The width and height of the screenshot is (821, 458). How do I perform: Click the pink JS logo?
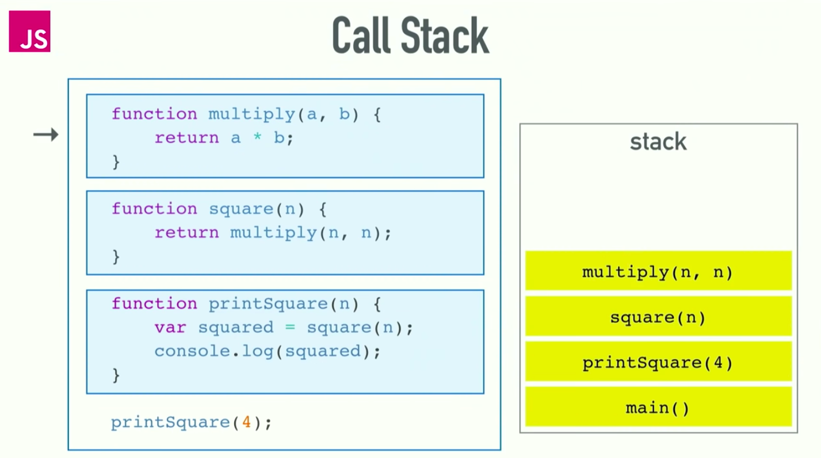click(x=29, y=31)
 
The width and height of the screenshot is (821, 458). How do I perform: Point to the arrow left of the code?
click(x=45, y=135)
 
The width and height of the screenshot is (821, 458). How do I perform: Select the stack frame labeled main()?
click(x=658, y=408)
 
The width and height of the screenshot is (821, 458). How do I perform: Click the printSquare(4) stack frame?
click(x=658, y=363)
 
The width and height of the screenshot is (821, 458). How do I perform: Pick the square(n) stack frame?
click(x=658, y=317)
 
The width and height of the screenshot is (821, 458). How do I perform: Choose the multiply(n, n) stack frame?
click(x=658, y=271)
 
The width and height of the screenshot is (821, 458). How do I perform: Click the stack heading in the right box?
click(x=658, y=141)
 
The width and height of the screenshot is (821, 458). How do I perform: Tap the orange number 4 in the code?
click(x=246, y=422)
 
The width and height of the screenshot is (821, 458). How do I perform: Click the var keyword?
click(x=170, y=328)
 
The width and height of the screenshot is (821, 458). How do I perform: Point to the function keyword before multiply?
click(x=154, y=114)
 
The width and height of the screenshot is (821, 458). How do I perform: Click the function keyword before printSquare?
click(x=154, y=303)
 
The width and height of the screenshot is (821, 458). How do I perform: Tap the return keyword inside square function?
click(x=186, y=233)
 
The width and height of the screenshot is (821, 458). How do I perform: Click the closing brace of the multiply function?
click(x=116, y=162)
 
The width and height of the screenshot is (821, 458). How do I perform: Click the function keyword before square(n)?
click(x=154, y=209)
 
